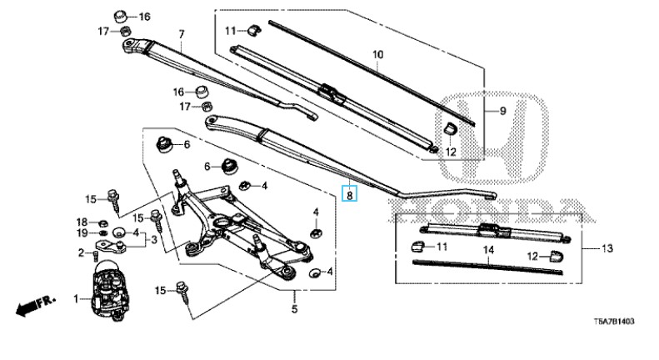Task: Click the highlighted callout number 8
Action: tap(349, 195)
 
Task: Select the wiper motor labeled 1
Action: tap(110, 290)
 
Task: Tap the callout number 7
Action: tap(182, 34)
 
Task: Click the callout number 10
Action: tap(378, 55)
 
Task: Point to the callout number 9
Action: tap(502, 111)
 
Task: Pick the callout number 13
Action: tap(607, 248)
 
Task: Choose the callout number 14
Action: tap(488, 250)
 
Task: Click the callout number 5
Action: tap(294, 309)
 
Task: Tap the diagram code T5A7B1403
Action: tap(614, 322)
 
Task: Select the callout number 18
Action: tap(82, 222)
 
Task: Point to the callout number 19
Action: tap(82, 233)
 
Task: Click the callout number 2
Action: tap(81, 252)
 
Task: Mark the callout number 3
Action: tap(154, 240)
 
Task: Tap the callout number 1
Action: tap(76, 299)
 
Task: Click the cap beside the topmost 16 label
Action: tap(121, 17)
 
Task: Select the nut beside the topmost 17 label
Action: tap(125, 31)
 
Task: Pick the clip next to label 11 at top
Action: tap(253, 29)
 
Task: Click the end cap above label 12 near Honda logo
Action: tap(451, 127)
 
